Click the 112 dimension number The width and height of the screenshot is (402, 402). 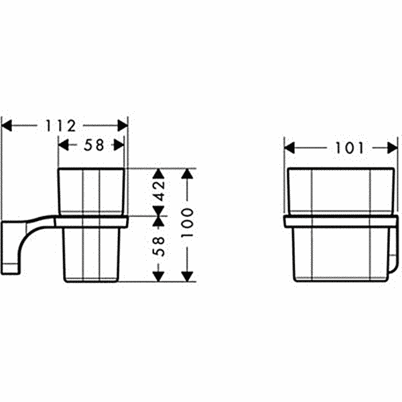[x=61, y=126]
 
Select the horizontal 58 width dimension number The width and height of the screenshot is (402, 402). [x=94, y=145]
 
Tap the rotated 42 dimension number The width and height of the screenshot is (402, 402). [x=159, y=190]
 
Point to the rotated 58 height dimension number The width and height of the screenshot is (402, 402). [x=159, y=247]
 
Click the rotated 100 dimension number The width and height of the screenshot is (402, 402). [x=188, y=223]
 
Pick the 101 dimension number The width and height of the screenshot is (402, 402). [x=350, y=148]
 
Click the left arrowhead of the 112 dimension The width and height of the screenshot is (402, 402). [x=7, y=126]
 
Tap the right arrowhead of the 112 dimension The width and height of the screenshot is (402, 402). [x=123, y=126]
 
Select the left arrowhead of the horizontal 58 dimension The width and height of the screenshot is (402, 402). [x=64, y=145]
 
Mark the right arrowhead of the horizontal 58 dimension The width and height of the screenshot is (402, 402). [x=119, y=145]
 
